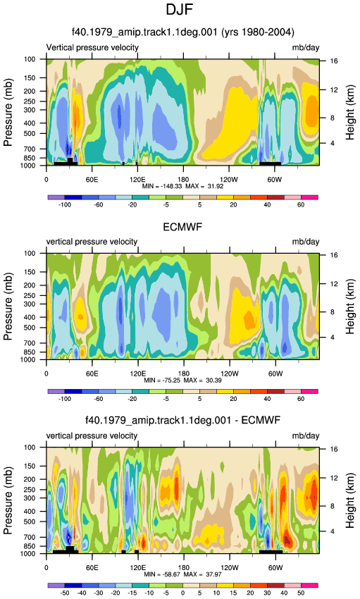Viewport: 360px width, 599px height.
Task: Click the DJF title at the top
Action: [180, 10]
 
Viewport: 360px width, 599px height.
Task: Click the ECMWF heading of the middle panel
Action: [182, 227]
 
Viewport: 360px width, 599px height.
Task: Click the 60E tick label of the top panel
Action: [92, 180]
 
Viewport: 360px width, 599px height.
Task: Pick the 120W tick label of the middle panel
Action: [230, 373]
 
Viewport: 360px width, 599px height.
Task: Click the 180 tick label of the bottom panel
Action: [183, 568]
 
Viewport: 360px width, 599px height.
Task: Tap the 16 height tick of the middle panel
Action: [334, 255]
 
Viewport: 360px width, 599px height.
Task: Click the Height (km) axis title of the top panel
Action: [350, 113]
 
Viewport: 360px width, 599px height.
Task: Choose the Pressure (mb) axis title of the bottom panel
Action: [8, 501]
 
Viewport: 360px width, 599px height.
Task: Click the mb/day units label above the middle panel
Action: [306, 242]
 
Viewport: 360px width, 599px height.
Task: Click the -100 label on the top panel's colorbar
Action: [65, 205]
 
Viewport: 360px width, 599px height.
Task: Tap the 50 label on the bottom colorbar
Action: [301, 593]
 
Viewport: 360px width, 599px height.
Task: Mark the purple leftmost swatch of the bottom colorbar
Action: [56, 586]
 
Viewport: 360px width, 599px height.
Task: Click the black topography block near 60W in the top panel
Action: [271, 163]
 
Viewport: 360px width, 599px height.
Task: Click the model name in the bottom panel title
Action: [158, 421]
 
